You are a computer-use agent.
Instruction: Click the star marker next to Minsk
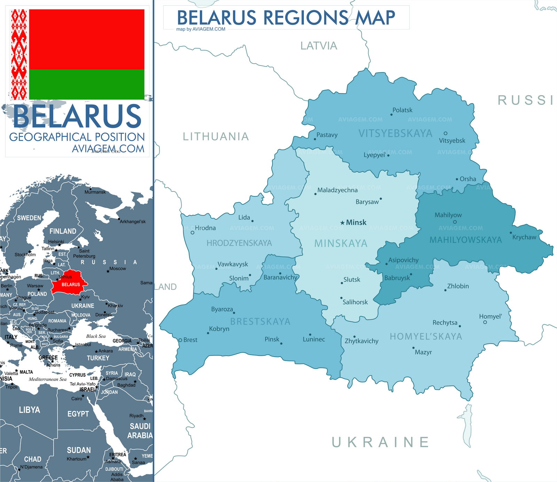(x=342, y=223)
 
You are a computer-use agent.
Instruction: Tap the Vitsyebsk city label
(x=452, y=140)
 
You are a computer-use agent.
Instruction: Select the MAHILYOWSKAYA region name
(x=465, y=240)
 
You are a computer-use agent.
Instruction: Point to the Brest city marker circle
(x=180, y=340)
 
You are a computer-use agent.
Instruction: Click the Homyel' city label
(x=490, y=316)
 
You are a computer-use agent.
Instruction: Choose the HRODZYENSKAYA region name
(x=239, y=243)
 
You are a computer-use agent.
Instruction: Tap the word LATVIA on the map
(x=319, y=46)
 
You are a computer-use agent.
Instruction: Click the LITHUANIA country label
(x=216, y=136)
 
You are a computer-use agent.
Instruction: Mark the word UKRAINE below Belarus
(x=380, y=442)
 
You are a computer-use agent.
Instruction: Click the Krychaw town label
(x=524, y=237)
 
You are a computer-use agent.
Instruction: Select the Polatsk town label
(x=402, y=110)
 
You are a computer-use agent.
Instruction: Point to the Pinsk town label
(x=272, y=339)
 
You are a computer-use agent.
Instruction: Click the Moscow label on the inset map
(x=117, y=268)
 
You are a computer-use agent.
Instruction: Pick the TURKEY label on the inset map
(x=98, y=358)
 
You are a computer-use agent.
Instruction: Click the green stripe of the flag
(x=86, y=84)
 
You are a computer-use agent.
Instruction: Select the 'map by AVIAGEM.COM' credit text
(x=201, y=29)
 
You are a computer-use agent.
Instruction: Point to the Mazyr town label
(x=423, y=352)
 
